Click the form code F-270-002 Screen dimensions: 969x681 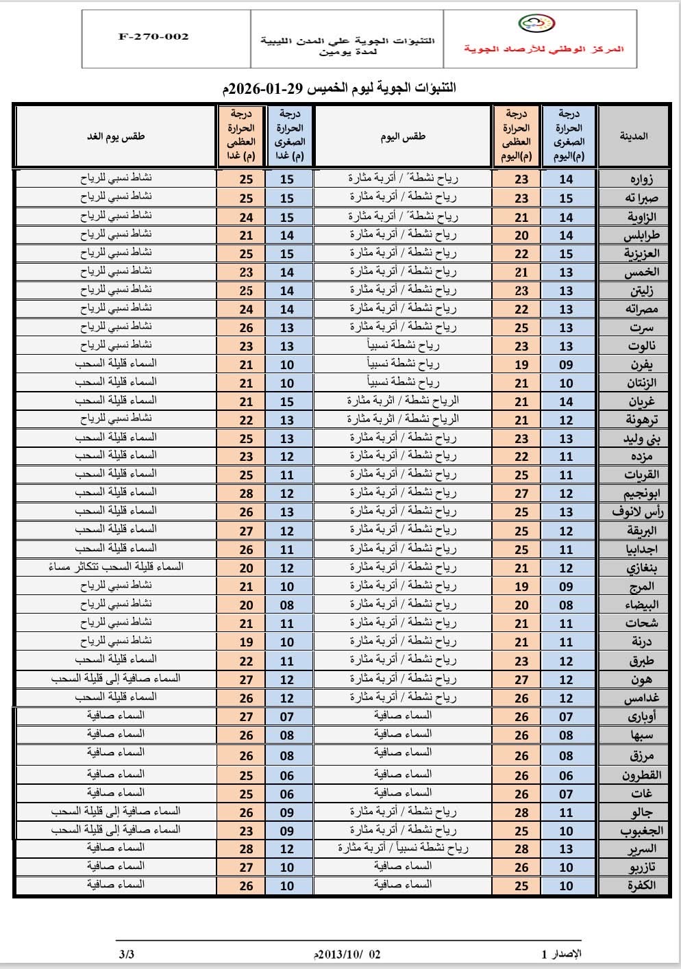[153, 37]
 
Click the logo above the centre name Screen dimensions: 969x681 [536, 25]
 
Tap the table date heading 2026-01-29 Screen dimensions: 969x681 [339, 88]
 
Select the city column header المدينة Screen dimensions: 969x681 [634, 136]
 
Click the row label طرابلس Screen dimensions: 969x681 [641, 236]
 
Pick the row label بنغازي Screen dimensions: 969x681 [641, 568]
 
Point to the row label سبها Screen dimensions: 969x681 [642, 735]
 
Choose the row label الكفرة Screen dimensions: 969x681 [641, 885]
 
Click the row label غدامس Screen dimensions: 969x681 [641, 699]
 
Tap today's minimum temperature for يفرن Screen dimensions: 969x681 [566, 365]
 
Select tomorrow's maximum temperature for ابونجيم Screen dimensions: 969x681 [247, 494]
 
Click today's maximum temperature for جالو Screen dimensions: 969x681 [521, 813]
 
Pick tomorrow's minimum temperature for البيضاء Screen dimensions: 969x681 [287, 605]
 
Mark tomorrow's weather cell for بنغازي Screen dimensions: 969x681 [116, 567]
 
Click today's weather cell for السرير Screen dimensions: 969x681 [403, 848]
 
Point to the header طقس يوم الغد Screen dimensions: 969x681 [116, 136]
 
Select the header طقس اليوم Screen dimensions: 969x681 [403, 136]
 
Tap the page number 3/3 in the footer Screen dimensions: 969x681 [126, 954]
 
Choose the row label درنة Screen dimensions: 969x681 [641, 642]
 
